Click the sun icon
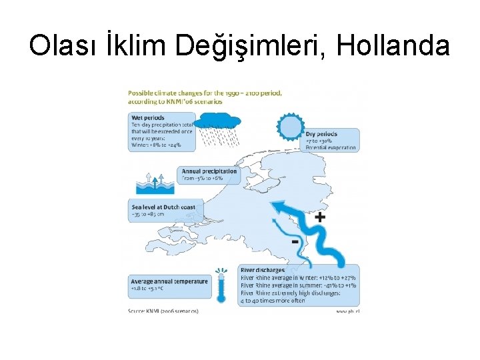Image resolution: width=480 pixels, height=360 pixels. (290, 127)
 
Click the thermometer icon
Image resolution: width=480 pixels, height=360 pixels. (220, 287)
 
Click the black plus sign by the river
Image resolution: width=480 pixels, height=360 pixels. (320, 217)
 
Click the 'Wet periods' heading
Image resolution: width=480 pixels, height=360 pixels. (147, 118)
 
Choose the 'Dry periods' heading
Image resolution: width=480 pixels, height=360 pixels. (321, 134)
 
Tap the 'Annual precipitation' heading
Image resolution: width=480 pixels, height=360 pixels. (209, 171)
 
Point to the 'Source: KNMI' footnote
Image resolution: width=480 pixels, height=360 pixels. (163, 311)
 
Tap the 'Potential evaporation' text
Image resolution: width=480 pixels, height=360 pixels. (331, 147)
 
